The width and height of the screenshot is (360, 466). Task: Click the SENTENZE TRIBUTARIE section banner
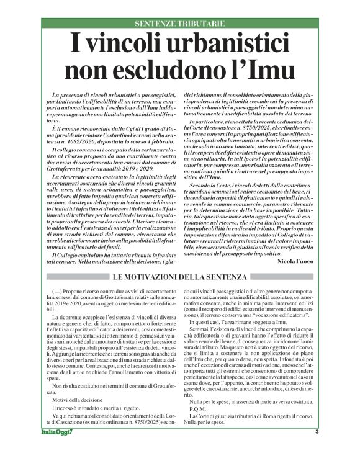click(179, 24)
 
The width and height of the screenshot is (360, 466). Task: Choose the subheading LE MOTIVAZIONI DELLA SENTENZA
click(180, 276)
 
